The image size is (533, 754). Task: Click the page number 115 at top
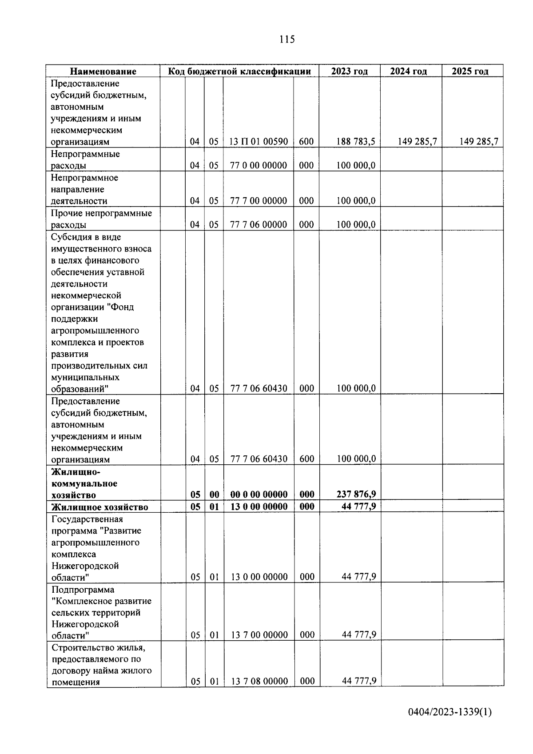click(287, 40)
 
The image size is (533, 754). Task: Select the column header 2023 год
click(349, 71)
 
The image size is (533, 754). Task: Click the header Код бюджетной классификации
click(239, 71)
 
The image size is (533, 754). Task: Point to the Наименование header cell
click(103, 71)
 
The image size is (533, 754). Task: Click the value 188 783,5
click(355, 142)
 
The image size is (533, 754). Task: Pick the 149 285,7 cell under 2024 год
click(417, 142)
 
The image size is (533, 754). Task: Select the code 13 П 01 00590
click(259, 142)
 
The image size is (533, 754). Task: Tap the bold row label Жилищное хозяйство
click(99, 507)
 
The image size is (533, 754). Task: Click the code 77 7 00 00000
click(259, 201)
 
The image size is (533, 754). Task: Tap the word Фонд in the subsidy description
click(123, 307)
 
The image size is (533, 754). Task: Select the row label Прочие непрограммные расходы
click(101, 219)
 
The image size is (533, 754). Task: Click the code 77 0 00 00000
click(259, 165)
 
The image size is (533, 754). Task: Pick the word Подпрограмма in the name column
click(83, 590)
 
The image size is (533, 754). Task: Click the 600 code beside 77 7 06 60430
click(306, 459)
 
